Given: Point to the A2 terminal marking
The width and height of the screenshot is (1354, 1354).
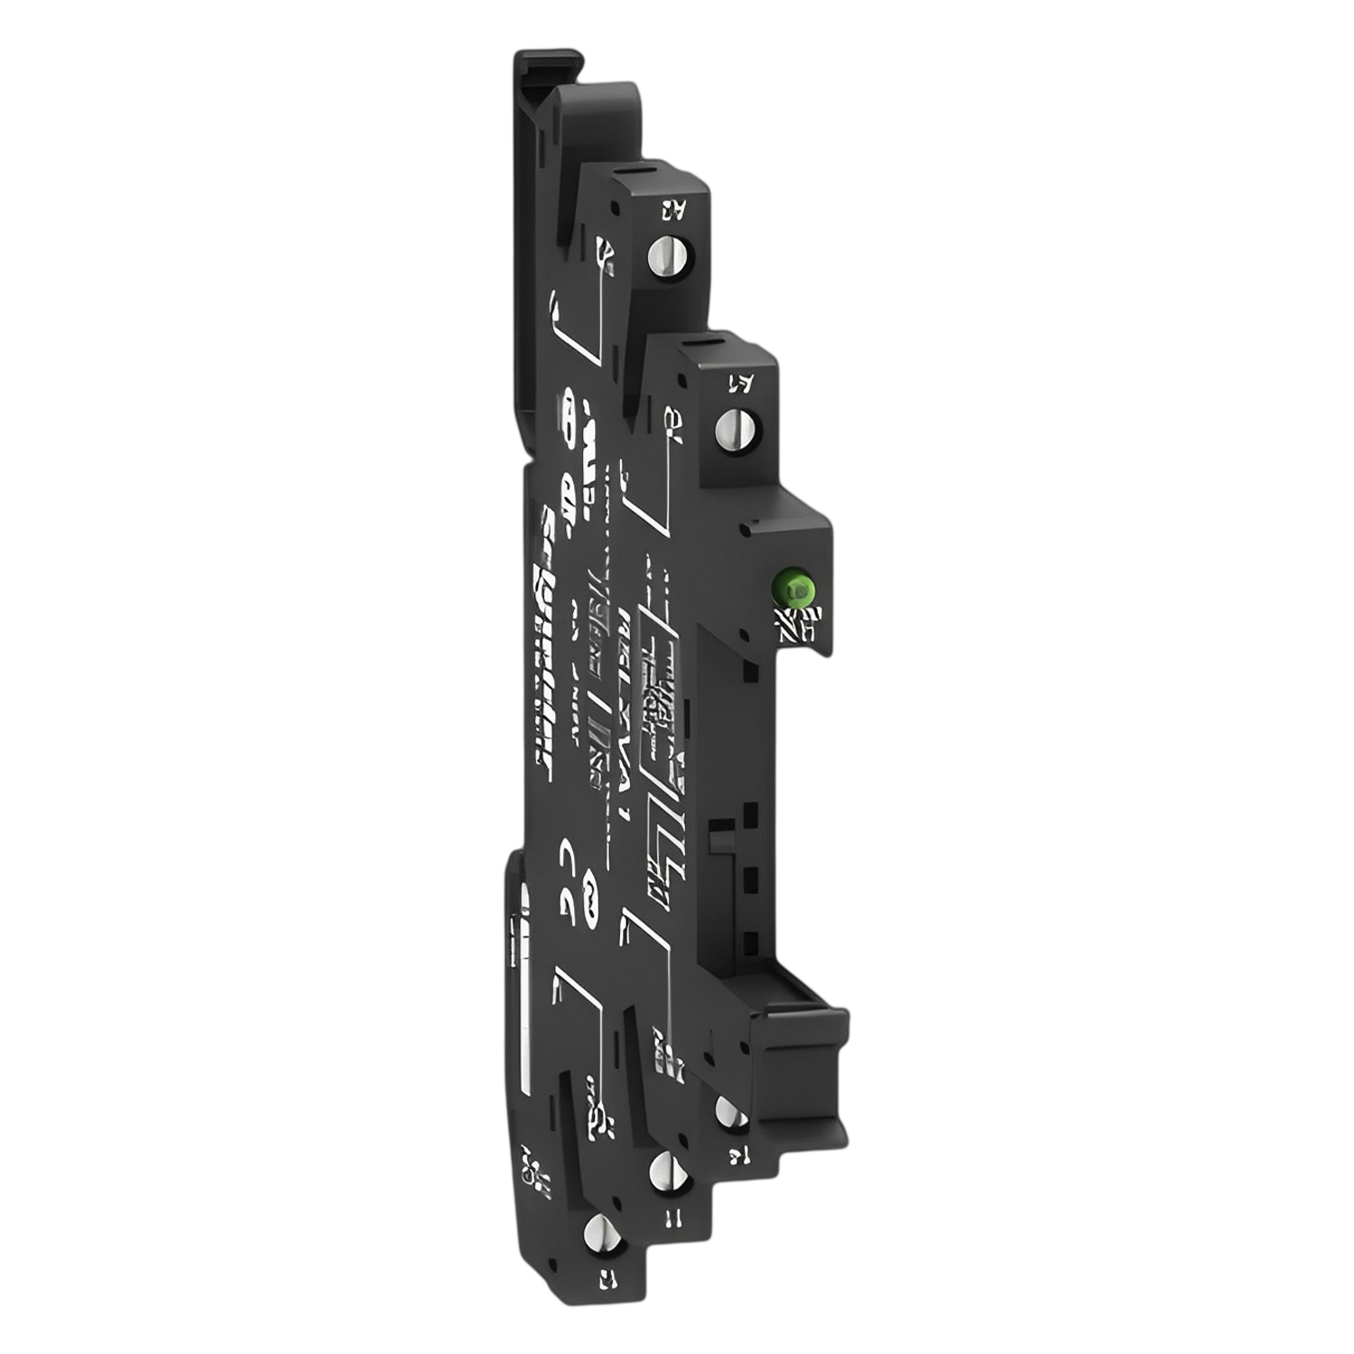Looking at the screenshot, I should pyautogui.click(x=672, y=213).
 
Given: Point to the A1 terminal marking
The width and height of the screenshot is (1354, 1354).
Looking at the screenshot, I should pyautogui.click(x=739, y=384).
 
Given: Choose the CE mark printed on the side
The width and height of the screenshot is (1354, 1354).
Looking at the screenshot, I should pyautogui.click(x=570, y=871).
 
